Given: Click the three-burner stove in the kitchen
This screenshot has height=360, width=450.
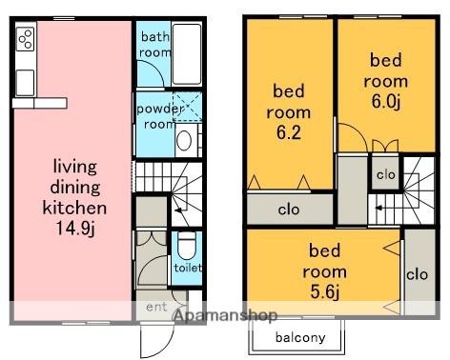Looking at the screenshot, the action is [x=26, y=39].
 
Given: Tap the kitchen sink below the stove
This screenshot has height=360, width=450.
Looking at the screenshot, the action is [x=25, y=83].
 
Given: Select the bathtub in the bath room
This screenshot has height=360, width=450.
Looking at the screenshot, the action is [x=187, y=53].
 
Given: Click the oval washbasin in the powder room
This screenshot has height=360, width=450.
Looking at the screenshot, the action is [x=184, y=141].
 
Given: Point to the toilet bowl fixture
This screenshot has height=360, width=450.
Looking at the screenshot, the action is [x=187, y=246].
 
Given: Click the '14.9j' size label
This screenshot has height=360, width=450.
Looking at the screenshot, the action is [x=75, y=228].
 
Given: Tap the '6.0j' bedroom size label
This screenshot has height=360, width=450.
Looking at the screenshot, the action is [x=386, y=102].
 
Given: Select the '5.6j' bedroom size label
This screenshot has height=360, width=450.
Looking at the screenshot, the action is [x=325, y=292].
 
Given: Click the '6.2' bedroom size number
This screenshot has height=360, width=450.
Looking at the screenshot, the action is [x=289, y=132].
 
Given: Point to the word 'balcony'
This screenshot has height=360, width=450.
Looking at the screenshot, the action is [x=300, y=337].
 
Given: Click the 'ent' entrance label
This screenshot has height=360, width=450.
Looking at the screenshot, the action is [x=156, y=307].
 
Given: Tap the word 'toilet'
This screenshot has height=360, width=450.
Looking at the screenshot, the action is [x=188, y=268].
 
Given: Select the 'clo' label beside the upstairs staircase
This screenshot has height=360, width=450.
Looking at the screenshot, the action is [x=386, y=174].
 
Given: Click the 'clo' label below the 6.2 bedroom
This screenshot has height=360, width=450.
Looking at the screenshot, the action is [x=289, y=210].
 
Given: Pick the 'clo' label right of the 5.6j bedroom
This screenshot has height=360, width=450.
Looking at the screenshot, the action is [x=418, y=274].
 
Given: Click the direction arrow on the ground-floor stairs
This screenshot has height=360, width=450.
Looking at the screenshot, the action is [x=178, y=210].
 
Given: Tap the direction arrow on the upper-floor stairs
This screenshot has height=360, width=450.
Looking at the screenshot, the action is [x=378, y=209].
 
